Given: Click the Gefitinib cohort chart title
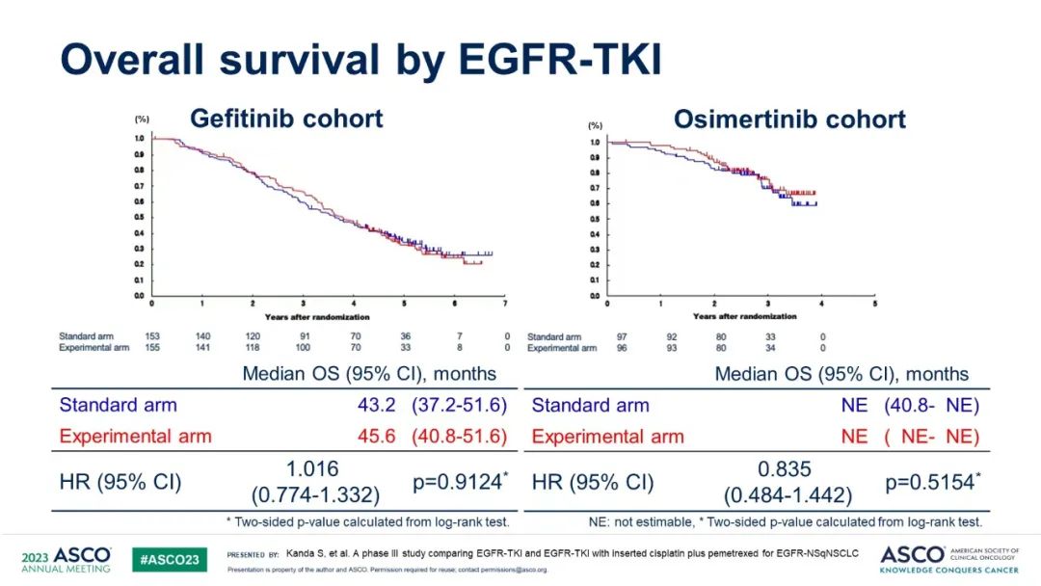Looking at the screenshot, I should [x=286, y=119].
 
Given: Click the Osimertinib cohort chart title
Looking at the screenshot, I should [x=789, y=120].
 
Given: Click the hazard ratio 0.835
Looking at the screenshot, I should [x=787, y=468].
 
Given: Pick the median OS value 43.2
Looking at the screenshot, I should [x=377, y=405].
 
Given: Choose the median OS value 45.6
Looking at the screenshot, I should [x=377, y=436].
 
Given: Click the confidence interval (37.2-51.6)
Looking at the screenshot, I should [x=459, y=405].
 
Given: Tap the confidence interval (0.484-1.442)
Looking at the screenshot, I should [x=787, y=495].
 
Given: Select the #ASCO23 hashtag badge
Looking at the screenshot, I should [x=169, y=560].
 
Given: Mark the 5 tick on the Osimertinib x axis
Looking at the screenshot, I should [x=874, y=304].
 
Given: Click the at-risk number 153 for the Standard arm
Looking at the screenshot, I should [x=151, y=336].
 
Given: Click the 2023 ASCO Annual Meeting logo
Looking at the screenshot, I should [x=66, y=559].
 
